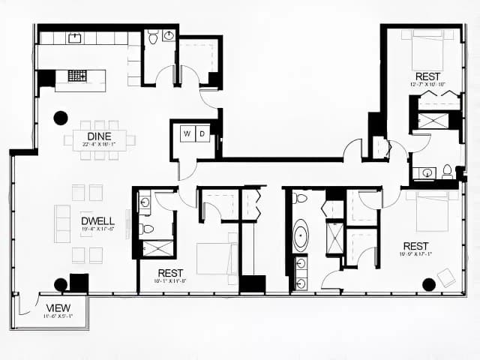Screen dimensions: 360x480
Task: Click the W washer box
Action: click(x=187, y=134)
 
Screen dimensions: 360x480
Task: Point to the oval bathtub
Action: click(x=301, y=235)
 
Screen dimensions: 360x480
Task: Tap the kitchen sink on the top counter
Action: click(x=75, y=37)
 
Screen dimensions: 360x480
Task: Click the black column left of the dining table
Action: click(x=61, y=118)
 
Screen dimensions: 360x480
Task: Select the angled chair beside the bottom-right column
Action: click(x=446, y=276)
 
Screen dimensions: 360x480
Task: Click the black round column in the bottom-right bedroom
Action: click(x=429, y=283)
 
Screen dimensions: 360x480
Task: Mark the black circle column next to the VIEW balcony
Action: click(x=61, y=283)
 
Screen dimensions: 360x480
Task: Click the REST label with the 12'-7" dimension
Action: click(x=427, y=76)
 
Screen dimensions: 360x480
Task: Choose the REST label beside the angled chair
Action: click(x=415, y=246)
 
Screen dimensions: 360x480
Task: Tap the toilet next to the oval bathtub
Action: click(x=301, y=199)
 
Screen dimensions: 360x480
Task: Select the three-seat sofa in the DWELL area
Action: click(x=62, y=223)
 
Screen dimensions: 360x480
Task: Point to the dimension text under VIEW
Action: click(x=58, y=316)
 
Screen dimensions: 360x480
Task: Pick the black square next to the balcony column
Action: click(x=79, y=283)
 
